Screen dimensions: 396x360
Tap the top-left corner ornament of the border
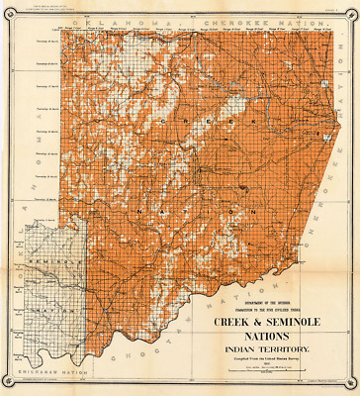pos(8,9)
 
